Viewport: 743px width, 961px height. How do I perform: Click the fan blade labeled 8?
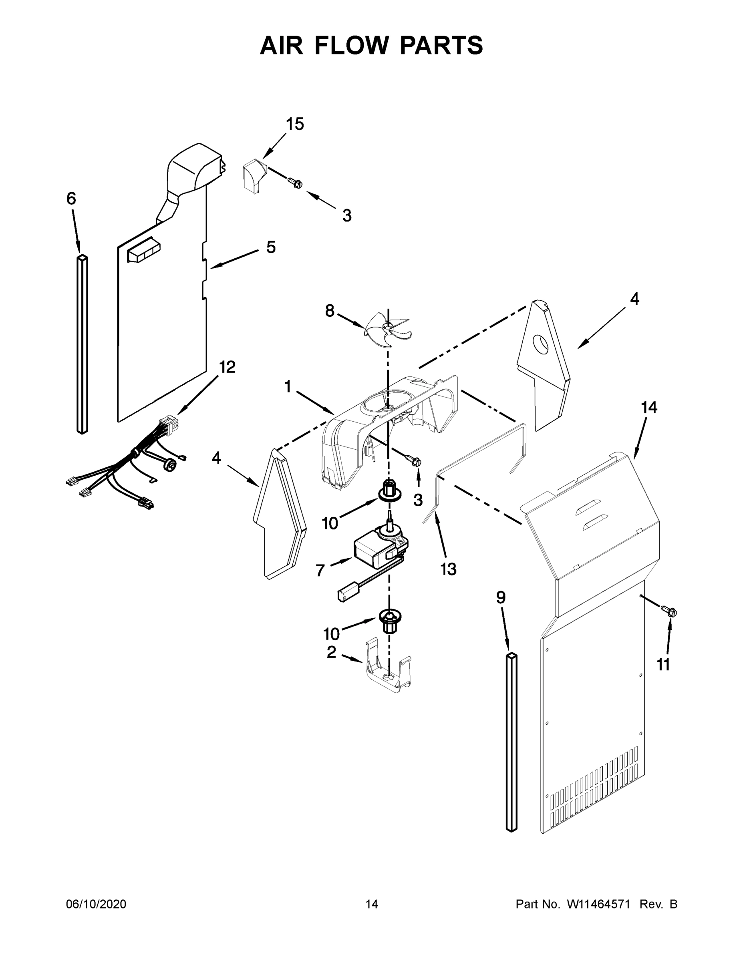(387, 326)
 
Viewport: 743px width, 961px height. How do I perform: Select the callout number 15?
(295, 125)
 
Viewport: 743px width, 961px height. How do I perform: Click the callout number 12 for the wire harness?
(228, 367)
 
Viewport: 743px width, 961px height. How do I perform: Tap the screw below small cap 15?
(295, 182)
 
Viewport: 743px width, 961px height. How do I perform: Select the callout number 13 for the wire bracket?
(449, 569)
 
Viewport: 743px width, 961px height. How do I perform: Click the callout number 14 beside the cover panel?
(649, 408)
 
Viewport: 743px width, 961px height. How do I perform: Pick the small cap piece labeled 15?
(253, 175)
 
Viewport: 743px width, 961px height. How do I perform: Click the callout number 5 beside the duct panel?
(271, 247)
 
